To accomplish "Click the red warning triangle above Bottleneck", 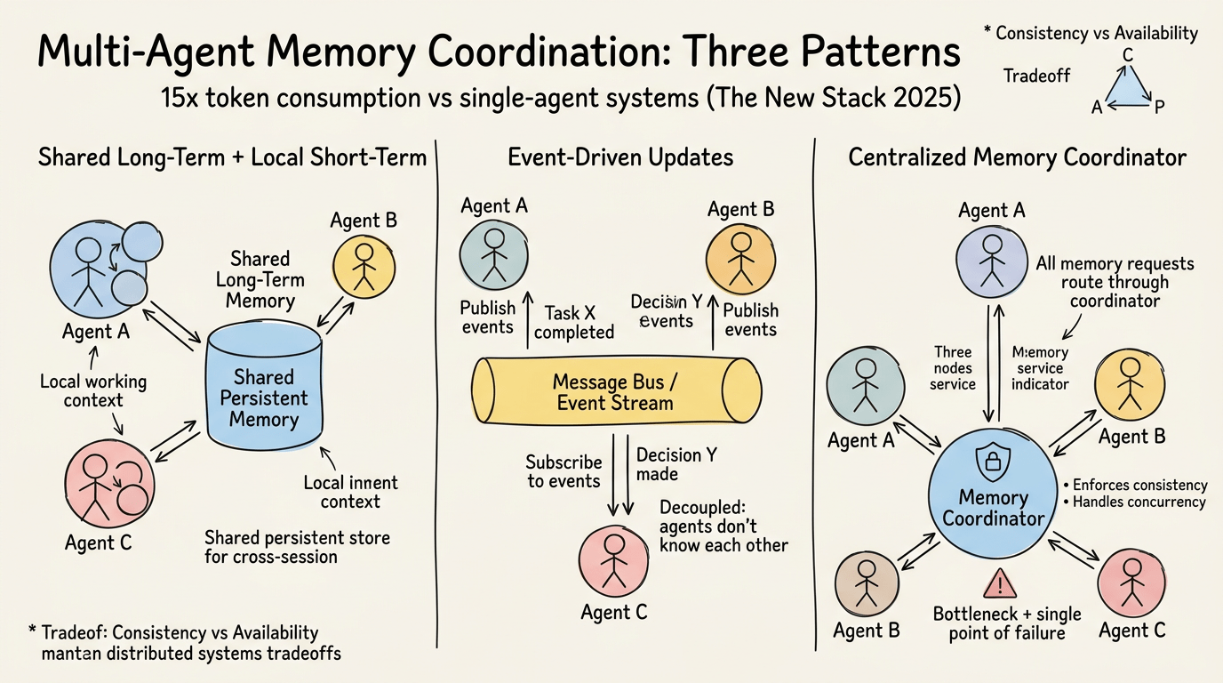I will (x=1001, y=584).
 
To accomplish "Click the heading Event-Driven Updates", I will (x=620, y=158).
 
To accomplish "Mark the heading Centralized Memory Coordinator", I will (x=1017, y=158).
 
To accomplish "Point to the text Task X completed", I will (x=573, y=322).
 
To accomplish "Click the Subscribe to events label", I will (x=564, y=471).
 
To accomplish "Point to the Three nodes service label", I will (x=952, y=368).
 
